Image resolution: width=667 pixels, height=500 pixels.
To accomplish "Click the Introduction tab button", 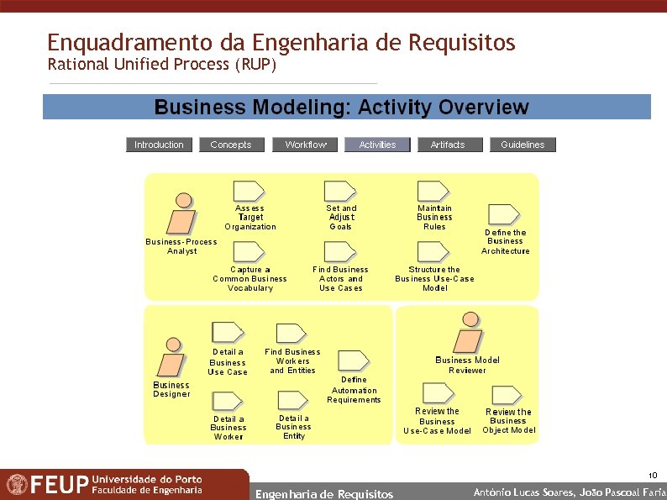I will (159, 145).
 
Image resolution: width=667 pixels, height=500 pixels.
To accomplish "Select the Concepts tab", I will (230, 145).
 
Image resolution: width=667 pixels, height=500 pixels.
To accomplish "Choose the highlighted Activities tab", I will (377, 145).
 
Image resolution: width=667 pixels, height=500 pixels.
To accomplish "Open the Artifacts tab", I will (447, 145).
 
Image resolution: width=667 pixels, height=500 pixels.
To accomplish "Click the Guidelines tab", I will (523, 145).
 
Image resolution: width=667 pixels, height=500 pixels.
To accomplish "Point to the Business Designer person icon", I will (173, 360).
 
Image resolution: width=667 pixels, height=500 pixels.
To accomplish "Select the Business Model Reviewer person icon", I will (468, 333).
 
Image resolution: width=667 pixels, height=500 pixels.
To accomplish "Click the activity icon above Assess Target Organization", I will (249, 191).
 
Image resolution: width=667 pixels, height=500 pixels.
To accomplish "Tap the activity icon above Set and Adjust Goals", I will (340, 191).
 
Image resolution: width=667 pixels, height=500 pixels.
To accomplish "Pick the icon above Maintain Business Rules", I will (433, 191).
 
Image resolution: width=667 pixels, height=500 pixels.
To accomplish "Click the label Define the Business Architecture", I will (506, 241).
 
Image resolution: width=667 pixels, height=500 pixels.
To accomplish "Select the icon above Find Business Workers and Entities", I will (291, 334).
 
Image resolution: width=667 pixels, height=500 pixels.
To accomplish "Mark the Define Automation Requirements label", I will (354, 390).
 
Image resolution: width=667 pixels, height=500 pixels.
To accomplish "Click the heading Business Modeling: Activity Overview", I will (341, 108).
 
